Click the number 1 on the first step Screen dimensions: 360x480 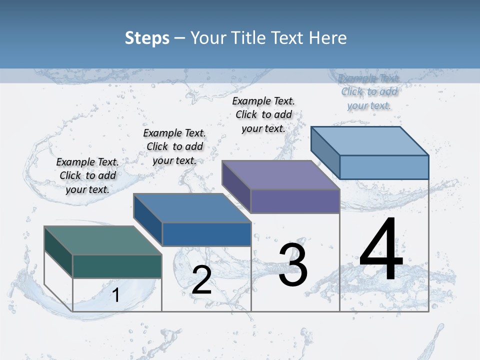tap(116, 295)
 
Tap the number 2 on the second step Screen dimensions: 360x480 tap(201, 280)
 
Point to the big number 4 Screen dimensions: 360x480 tap(381, 250)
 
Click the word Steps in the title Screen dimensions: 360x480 tap(147, 38)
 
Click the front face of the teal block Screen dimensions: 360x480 tap(117, 266)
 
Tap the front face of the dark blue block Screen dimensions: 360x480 tap(206, 234)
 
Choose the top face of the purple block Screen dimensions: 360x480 tap(280, 175)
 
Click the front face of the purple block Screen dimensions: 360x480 tap(295, 201)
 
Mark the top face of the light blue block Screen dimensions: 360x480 tap(369, 141)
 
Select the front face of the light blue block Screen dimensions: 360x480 tap(384, 167)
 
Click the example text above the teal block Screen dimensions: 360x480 tap(87, 175)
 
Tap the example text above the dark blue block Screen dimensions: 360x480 tap(174, 146)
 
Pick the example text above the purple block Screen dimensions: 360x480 tap(263, 114)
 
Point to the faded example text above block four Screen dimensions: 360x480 tap(369, 92)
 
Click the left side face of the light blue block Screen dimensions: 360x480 tap(325, 150)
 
